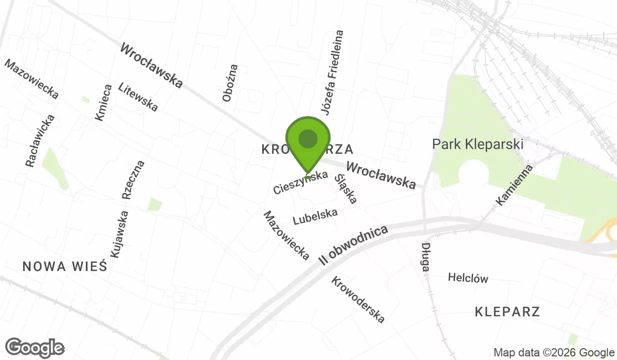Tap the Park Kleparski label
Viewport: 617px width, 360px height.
point(478,144)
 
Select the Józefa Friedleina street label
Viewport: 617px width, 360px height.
point(332,73)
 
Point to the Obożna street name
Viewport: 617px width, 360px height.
point(231,82)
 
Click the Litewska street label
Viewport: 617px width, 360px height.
point(138,97)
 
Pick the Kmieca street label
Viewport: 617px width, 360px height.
point(103,103)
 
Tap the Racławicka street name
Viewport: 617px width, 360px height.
point(40,140)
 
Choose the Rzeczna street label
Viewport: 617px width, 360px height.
point(133,179)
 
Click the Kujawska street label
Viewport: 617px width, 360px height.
point(118,234)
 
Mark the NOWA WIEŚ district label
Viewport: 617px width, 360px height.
point(64,266)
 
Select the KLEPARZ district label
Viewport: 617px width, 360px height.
point(507,312)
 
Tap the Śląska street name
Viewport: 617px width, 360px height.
point(346,188)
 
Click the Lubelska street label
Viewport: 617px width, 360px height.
point(315,217)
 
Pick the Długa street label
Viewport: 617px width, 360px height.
point(426,258)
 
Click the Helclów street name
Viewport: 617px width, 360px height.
point(468,278)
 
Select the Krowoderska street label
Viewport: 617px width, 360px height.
point(358,300)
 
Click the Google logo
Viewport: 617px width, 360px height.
point(35,348)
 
